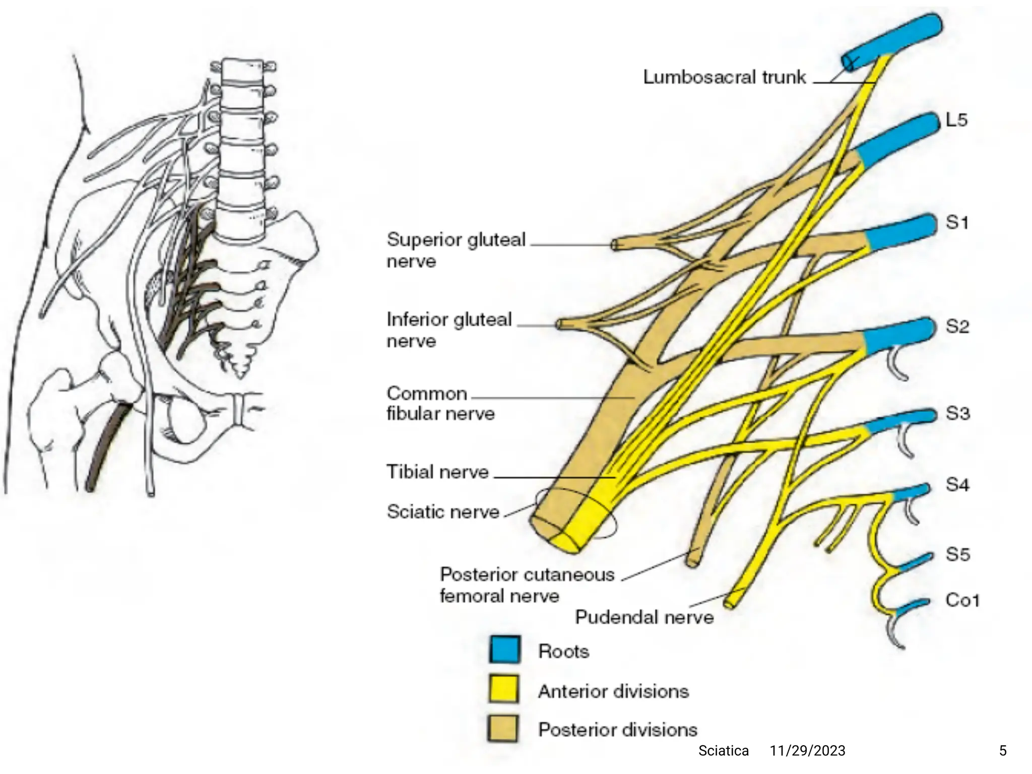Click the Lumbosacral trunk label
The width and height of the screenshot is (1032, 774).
click(x=724, y=77)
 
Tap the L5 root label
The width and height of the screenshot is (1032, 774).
click(x=956, y=120)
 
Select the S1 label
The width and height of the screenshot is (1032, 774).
click(x=956, y=222)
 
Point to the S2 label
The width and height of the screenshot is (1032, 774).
click(x=957, y=327)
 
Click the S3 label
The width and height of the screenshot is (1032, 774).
click(x=957, y=413)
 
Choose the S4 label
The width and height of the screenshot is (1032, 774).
click(x=957, y=485)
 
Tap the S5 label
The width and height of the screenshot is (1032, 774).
click(x=957, y=554)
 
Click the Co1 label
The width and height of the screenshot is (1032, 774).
click(x=962, y=600)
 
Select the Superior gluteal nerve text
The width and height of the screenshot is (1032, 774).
click(x=456, y=250)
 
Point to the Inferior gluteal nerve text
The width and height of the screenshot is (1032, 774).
click(x=448, y=330)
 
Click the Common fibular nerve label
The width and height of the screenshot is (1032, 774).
click(x=440, y=403)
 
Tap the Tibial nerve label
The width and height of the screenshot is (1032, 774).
click(x=437, y=472)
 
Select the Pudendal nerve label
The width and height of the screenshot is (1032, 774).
click(x=644, y=617)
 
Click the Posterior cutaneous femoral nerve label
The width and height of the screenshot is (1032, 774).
click(x=527, y=585)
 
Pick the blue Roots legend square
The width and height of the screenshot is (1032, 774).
click(x=503, y=650)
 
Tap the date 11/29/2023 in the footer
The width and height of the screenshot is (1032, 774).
click(x=807, y=751)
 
